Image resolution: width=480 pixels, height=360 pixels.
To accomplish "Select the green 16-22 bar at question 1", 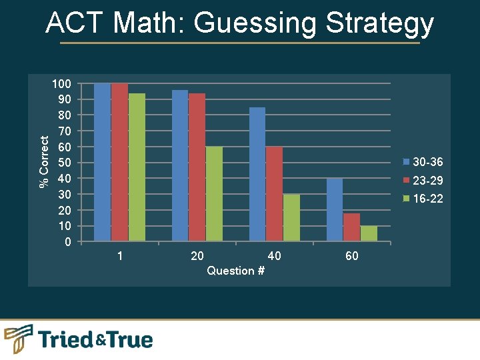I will click(137, 167).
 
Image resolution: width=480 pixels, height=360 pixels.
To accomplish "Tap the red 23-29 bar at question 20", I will click(197, 167).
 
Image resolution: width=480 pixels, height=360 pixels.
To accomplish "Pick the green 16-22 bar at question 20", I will click(214, 194).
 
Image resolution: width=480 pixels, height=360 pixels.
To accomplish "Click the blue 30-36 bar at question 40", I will click(257, 174).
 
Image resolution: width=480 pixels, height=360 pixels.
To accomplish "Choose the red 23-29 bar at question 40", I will click(275, 194).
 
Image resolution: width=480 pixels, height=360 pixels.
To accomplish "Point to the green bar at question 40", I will click(291, 218).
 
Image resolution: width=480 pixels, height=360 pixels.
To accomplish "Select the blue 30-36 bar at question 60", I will click(335, 210).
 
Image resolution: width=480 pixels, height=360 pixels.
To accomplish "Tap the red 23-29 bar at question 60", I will click(352, 227).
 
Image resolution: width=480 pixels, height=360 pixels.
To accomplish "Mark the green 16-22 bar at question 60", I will click(369, 233).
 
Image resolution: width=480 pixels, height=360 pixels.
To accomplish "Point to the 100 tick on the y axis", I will click(61, 84).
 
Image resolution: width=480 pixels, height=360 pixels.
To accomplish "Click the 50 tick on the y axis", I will click(64, 163).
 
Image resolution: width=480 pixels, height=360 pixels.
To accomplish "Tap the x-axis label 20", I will click(197, 256).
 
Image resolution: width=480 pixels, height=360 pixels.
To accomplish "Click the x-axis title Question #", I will click(231, 271).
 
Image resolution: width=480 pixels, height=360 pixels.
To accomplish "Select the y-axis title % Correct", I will click(44, 162).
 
